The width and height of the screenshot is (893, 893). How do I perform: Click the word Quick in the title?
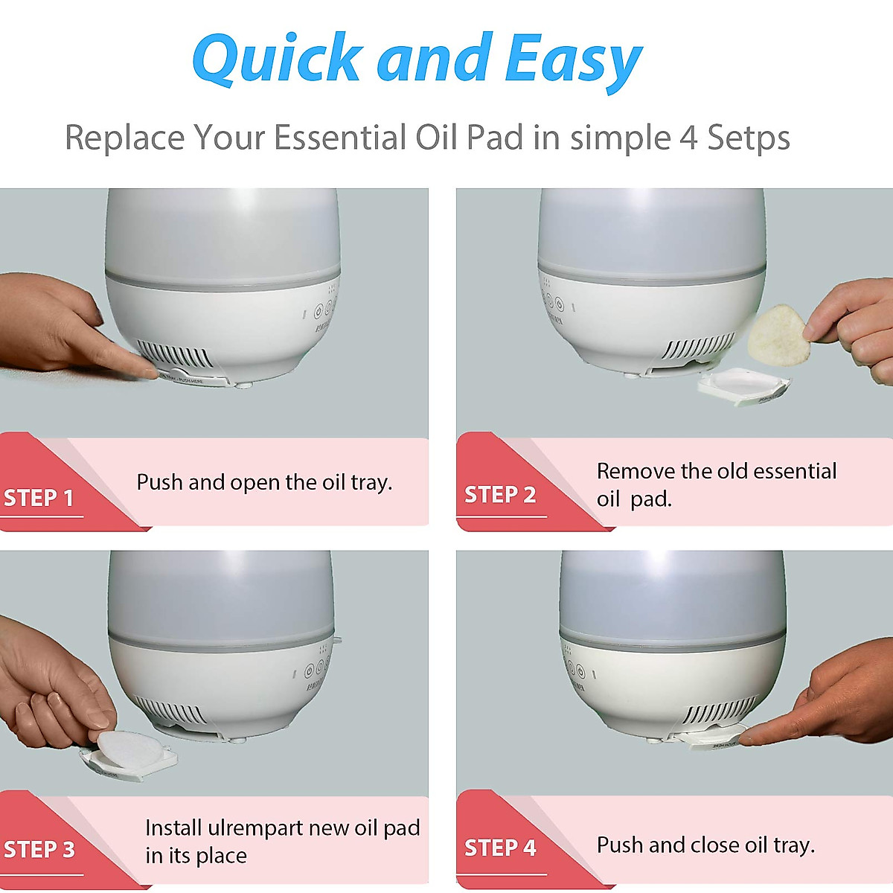coord(277,60)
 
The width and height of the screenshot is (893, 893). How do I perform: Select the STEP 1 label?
coord(39,498)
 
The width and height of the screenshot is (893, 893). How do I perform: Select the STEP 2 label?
coord(500,495)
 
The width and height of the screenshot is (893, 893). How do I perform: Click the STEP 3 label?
coord(39,849)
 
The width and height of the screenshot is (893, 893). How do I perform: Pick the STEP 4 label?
coord(500,848)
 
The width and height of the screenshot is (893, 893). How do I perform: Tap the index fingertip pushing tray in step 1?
coord(153,373)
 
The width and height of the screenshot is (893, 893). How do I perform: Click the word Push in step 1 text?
coord(160,482)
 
